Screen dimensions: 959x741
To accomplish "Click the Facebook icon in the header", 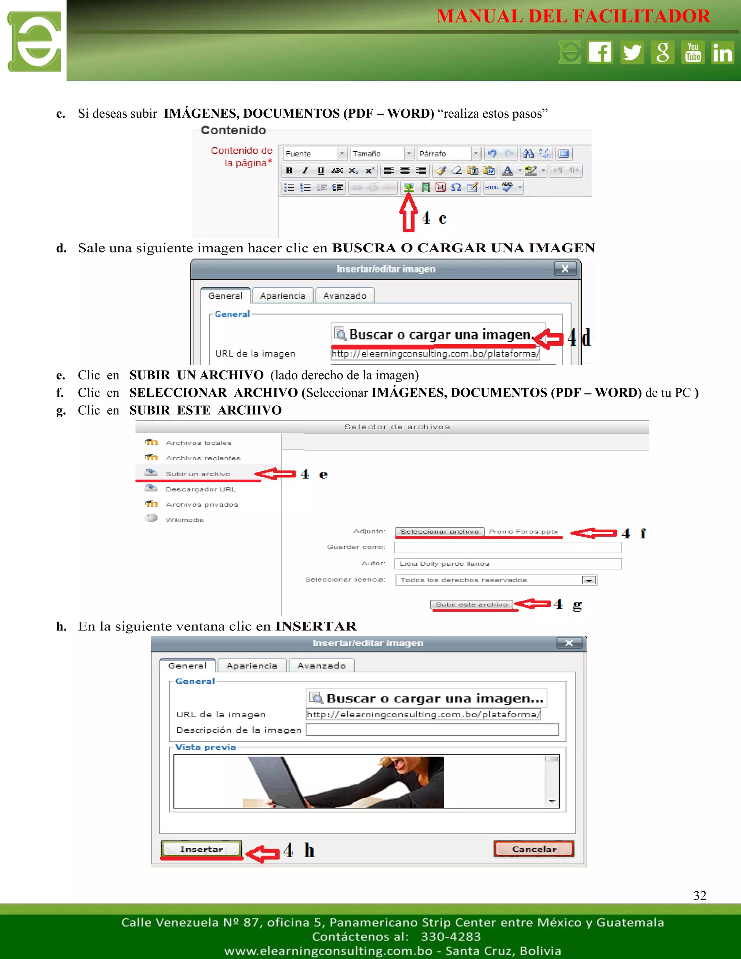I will coord(600,52).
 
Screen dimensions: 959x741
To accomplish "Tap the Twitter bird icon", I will coord(632,52).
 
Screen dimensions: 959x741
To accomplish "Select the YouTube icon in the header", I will coord(693,52).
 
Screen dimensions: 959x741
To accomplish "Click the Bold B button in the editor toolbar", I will coord(289,170).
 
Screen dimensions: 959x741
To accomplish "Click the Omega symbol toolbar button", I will coord(456,187).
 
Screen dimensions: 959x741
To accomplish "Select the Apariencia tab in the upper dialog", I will coord(283,296).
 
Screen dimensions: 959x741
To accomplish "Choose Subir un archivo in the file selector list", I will coord(198,474).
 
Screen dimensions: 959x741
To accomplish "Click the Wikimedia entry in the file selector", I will coord(185,520).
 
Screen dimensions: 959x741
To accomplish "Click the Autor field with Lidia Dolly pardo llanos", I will coord(508,564).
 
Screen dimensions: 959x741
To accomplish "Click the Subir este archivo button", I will coord(471,605).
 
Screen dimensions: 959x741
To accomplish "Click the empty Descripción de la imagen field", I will coord(432,730).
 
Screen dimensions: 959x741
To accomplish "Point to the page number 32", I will coord(700,895).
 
